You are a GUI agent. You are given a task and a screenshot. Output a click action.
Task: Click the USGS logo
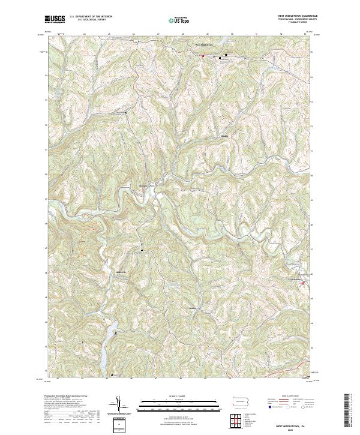[x=55, y=19]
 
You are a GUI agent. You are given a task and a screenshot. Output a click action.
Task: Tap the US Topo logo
[x=175, y=19]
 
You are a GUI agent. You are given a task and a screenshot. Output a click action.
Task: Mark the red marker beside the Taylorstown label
[x=302, y=283]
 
